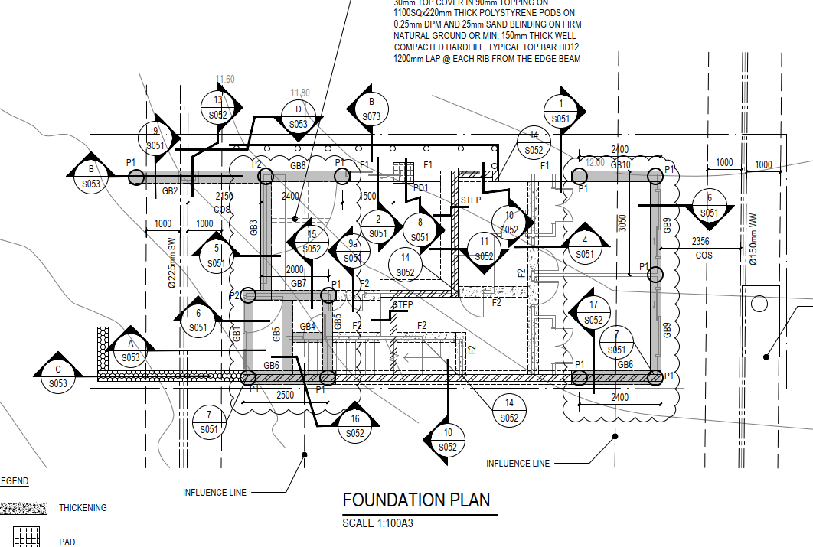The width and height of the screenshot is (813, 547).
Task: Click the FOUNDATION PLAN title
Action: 416,500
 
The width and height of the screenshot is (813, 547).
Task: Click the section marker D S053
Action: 298,116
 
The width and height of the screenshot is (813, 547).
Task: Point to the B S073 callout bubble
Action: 371,109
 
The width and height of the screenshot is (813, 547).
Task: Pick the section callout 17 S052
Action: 593,312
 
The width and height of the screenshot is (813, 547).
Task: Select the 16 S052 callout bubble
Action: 354,426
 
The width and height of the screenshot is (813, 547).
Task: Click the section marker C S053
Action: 58,376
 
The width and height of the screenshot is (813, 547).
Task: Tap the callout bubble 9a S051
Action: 352,250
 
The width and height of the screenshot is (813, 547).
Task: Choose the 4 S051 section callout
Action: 585,246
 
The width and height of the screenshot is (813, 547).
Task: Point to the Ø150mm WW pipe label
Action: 753,241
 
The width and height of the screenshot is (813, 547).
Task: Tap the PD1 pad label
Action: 420,187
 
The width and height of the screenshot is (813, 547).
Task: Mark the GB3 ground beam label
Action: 253,228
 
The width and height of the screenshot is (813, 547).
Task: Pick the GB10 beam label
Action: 620,164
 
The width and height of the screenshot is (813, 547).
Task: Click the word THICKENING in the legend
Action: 83,508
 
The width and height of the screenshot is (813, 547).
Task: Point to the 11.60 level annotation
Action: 225,79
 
